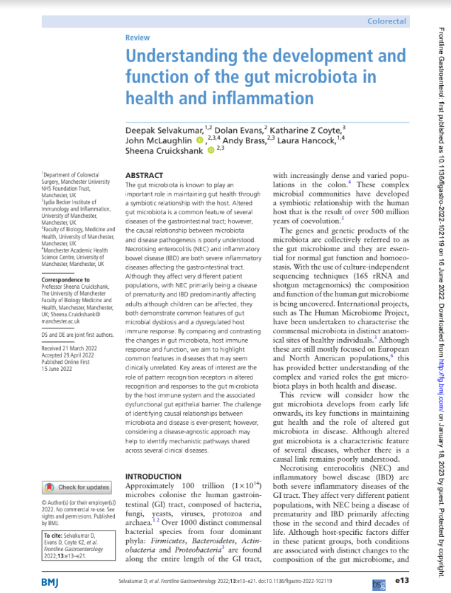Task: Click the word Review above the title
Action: [x=137, y=38]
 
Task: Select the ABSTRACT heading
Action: [x=144, y=174]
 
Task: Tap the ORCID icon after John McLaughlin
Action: [x=199, y=140]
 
